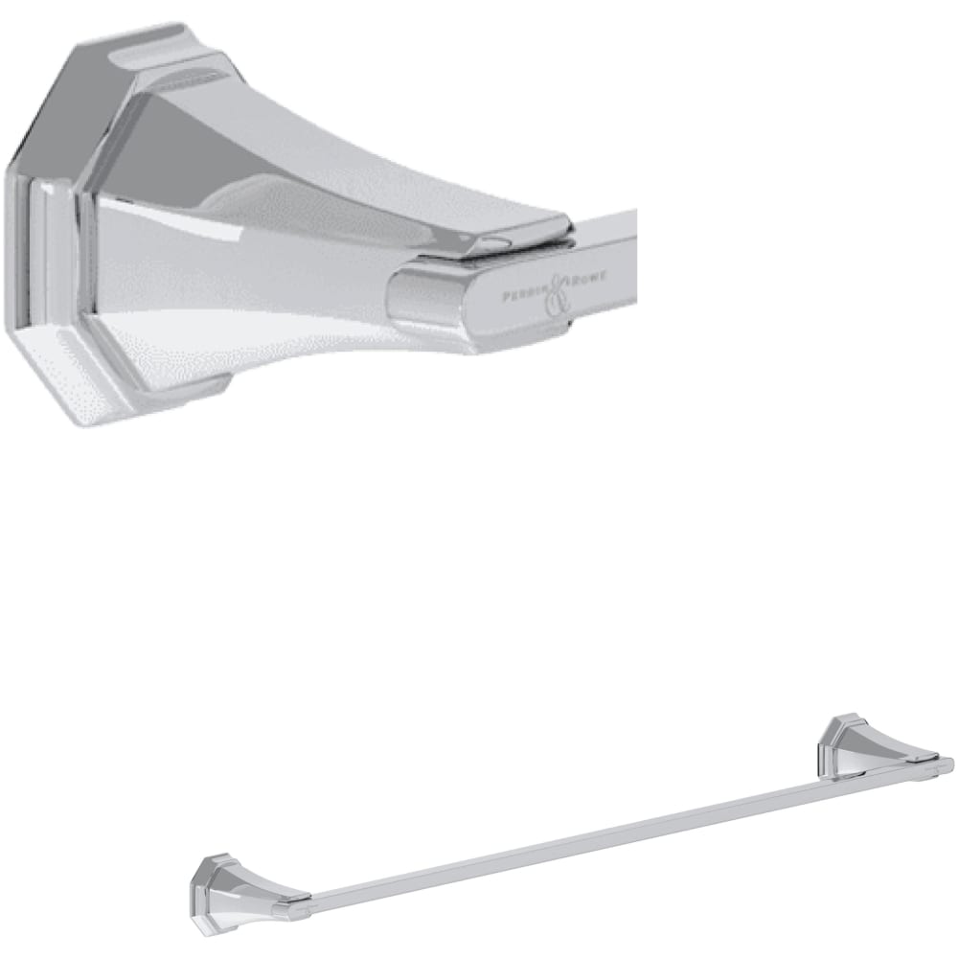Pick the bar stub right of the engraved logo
pos(613,259)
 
